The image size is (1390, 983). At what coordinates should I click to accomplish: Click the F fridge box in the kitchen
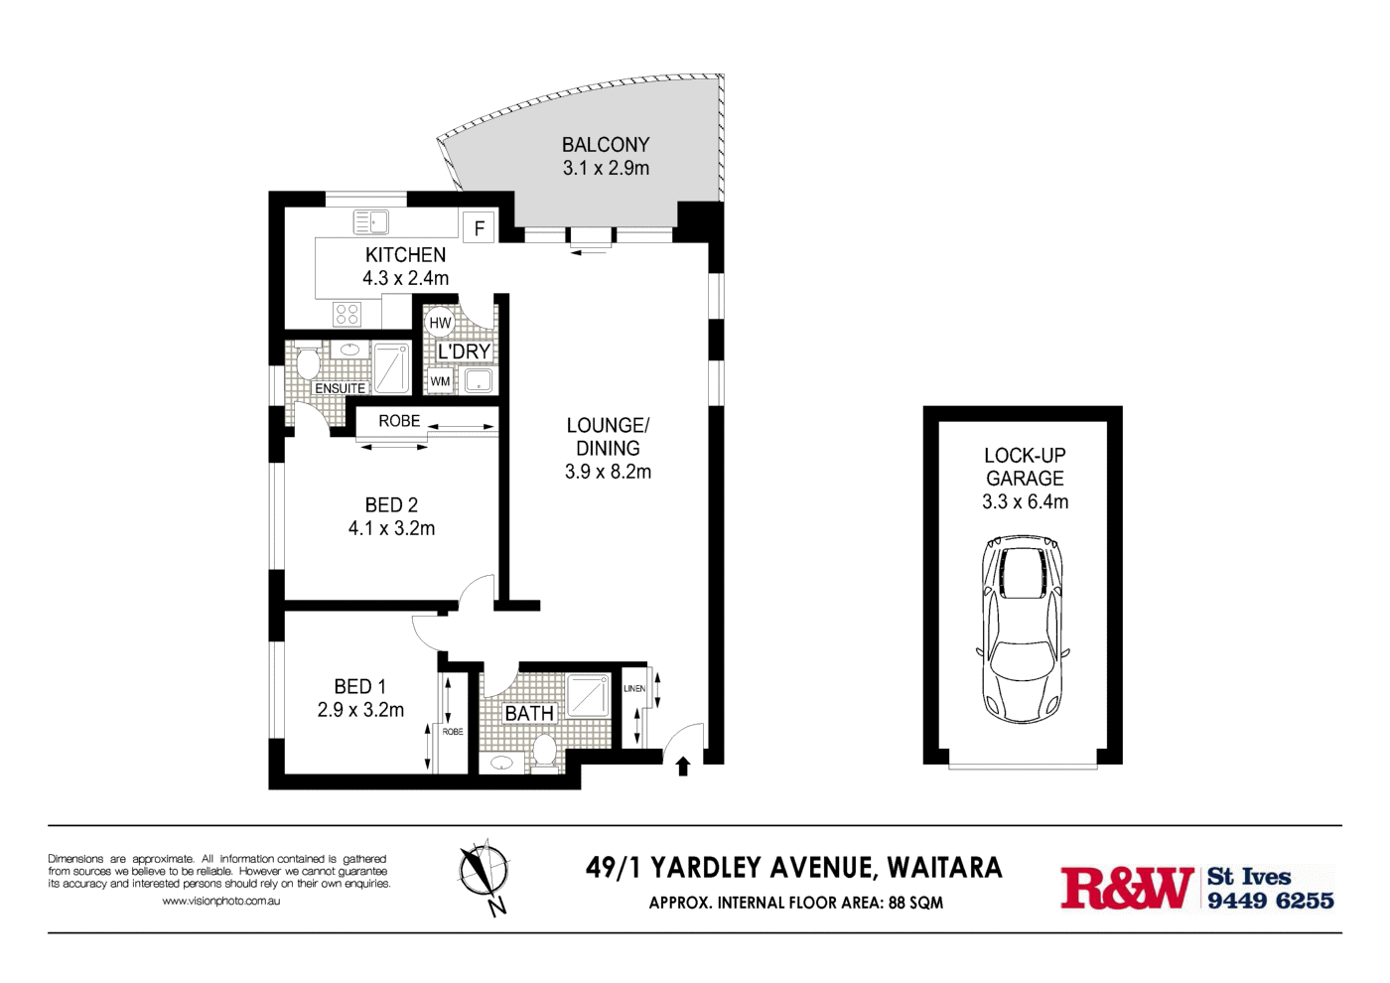[480, 228]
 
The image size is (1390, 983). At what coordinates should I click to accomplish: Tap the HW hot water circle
[440, 323]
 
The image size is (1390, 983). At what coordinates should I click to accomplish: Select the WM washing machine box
[441, 381]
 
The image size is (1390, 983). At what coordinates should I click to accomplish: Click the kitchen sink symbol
[371, 222]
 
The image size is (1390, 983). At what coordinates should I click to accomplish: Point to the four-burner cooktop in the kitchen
[347, 315]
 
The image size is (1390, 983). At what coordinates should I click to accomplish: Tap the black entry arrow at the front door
[683, 766]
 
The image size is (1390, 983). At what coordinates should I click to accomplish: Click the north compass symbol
[485, 874]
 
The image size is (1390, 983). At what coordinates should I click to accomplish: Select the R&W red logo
[1127, 888]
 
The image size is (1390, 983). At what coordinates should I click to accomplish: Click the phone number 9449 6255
[1270, 901]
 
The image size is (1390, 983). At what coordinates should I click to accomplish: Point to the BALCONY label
[606, 145]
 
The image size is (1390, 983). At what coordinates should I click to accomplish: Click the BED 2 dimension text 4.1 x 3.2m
[391, 528]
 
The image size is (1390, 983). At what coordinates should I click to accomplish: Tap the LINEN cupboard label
[634, 688]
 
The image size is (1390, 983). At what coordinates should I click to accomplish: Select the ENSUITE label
[340, 388]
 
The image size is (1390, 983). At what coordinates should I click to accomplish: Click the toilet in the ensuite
[307, 362]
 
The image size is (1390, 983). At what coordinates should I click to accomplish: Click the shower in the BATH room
[589, 695]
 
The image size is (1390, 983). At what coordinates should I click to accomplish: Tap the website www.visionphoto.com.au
[220, 901]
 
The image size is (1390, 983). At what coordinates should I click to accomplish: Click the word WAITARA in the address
[944, 868]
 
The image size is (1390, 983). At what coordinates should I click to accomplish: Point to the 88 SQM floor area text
[915, 903]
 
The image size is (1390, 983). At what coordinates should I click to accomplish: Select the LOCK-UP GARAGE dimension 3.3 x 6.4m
[1025, 502]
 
